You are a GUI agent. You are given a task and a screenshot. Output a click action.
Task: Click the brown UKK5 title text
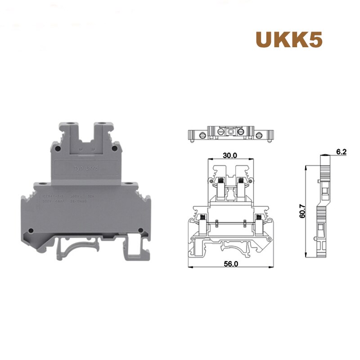pos(288,40)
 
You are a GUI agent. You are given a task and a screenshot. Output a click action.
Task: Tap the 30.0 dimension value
pos(230,155)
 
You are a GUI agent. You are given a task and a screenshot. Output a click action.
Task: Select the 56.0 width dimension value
pos(230,264)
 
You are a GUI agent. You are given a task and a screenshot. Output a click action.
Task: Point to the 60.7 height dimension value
pos(302,210)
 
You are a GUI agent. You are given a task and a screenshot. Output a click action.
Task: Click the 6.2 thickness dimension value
pos(341,152)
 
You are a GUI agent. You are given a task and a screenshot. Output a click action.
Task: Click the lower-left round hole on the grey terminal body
pos(31,231)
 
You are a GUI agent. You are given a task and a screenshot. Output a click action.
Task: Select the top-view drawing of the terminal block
pos(230,133)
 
